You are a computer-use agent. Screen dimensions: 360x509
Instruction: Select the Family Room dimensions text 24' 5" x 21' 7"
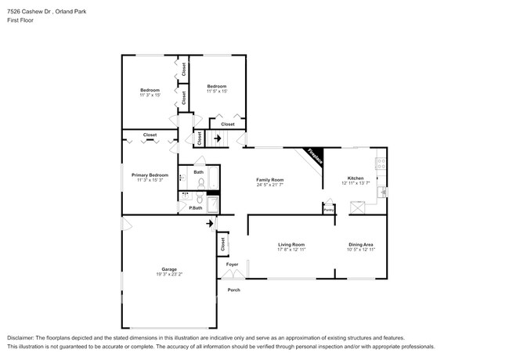pyautogui.click(x=269, y=185)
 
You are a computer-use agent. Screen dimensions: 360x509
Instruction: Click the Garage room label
pyautogui.click(x=168, y=268)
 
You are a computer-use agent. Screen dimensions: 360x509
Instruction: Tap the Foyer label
pyautogui.click(x=233, y=265)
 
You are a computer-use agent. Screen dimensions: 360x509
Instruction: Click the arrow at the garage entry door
pyautogui.click(x=208, y=224)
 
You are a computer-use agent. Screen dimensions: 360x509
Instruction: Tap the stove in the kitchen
pyautogui.click(x=381, y=164)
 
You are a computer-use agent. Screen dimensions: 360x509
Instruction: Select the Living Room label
pyautogui.click(x=291, y=245)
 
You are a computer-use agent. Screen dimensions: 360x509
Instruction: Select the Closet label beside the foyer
pyautogui.click(x=222, y=243)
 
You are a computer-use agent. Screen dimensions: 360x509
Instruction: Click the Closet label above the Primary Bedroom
pyautogui.click(x=150, y=135)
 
